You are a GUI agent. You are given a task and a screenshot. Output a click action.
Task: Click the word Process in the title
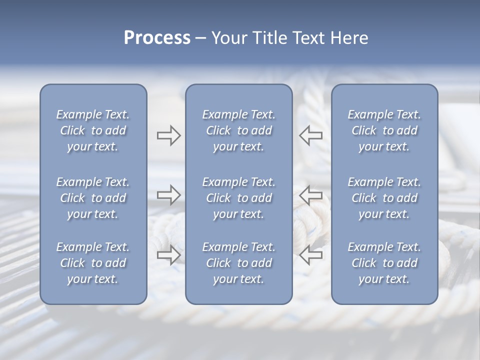coord(157,38)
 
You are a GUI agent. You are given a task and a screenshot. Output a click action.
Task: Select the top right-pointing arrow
coord(168,135)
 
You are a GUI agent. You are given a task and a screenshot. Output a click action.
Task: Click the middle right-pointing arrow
coord(168,194)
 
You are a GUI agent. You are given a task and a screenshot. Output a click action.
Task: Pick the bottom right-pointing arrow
coord(168,255)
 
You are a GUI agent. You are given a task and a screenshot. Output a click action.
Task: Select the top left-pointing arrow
coord(311,135)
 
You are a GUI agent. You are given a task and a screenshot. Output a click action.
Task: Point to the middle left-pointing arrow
coord(311,194)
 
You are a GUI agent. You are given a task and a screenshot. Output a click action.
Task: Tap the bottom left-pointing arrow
coord(311,255)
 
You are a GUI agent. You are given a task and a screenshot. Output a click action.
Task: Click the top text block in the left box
coord(93,130)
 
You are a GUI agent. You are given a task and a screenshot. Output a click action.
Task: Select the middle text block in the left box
coord(93,198)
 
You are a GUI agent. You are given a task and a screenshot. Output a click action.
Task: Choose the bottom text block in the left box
coord(93,263)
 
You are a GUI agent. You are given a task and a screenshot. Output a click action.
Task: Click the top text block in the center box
coord(238,130)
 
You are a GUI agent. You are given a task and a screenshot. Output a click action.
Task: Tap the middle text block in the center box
coord(238,198)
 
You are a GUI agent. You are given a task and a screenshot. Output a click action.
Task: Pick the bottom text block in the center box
coord(238,263)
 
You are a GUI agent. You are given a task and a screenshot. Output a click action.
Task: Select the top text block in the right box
coord(384,130)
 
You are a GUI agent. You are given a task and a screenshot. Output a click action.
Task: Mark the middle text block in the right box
coord(384,198)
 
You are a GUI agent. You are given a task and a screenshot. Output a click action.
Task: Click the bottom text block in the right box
coord(384,263)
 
